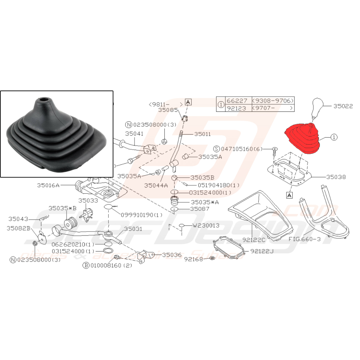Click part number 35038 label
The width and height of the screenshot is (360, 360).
click(x=336, y=177)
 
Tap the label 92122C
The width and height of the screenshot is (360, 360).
click(x=254, y=240)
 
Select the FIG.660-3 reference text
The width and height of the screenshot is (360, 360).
click(x=305, y=239)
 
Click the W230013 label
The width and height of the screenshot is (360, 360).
click(x=206, y=225)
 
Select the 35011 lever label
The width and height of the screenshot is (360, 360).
click(x=203, y=134)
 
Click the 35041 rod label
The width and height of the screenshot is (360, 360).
click(x=134, y=134)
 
